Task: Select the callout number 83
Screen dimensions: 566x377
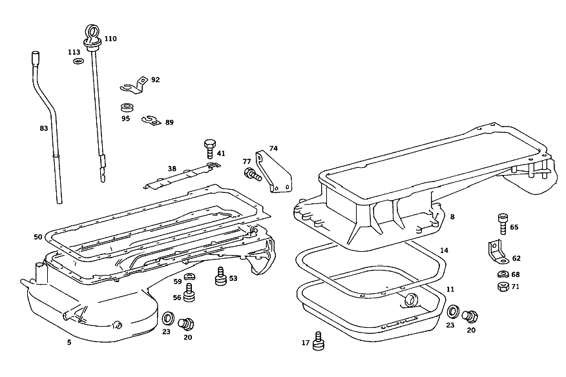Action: coord(44,128)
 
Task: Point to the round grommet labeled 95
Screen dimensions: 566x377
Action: coord(126,108)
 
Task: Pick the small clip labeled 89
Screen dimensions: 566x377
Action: coord(152,121)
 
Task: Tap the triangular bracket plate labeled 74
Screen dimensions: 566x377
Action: coord(274,173)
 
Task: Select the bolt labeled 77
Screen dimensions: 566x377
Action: coord(253,174)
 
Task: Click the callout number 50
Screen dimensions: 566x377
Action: coord(38,237)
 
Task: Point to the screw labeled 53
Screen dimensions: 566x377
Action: coord(220,276)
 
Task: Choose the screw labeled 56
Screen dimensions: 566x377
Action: coord(189,292)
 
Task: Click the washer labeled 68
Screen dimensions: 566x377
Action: coord(503,274)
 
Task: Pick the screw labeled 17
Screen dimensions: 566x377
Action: coord(318,341)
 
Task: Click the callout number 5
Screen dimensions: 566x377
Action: coord(69,342)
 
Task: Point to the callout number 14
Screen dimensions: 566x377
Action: coord(444,250)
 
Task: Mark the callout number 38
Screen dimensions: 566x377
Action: coord(172,168)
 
